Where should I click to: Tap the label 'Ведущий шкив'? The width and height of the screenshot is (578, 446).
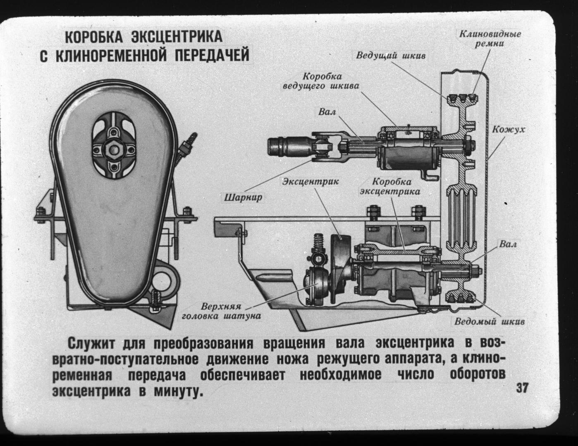391,55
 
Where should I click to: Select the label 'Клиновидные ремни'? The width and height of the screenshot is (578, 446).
490,38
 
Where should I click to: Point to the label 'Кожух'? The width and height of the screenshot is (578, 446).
509,130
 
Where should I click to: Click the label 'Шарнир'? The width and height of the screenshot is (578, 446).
243,197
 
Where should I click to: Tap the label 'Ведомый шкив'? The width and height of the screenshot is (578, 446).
490,321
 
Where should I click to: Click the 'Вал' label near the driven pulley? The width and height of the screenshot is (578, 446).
508,244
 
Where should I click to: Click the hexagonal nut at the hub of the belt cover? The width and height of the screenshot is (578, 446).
112,147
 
